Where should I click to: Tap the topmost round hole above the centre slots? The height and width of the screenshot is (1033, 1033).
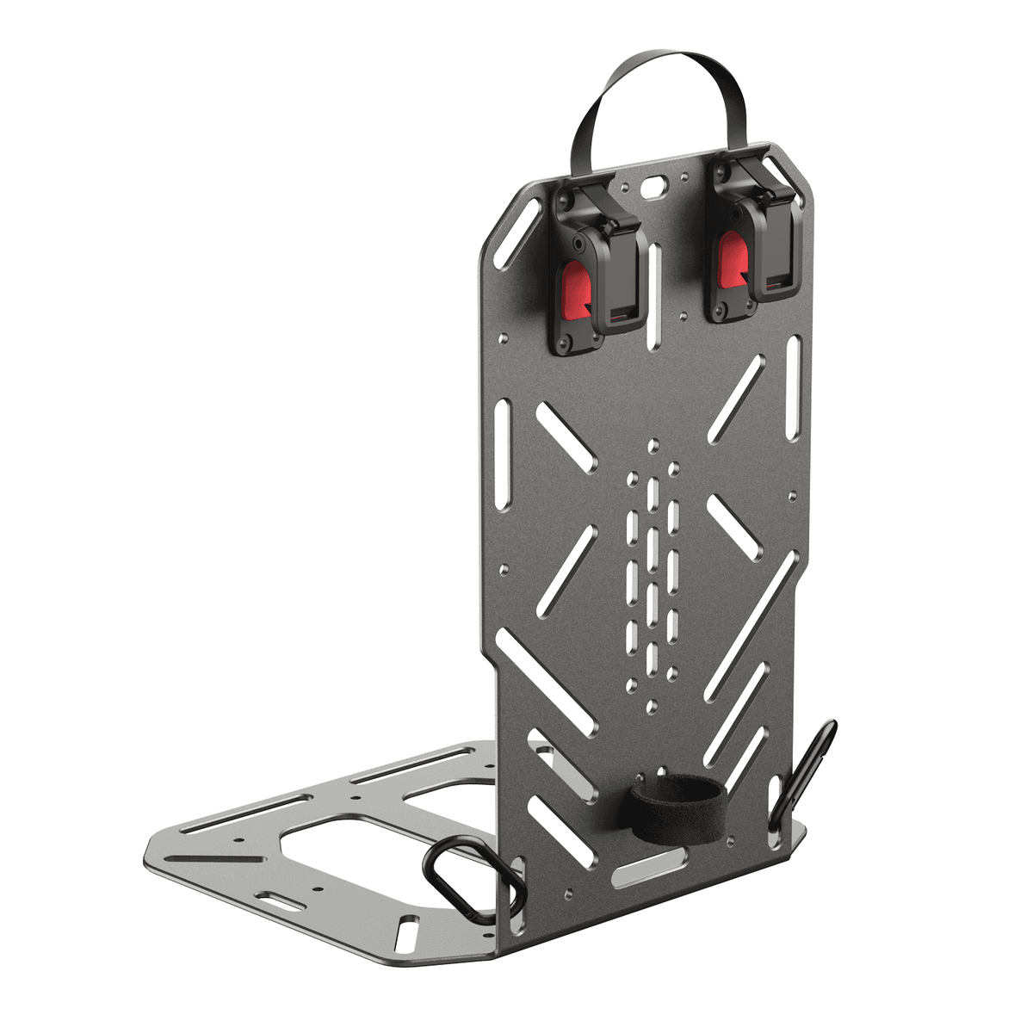point(653,446)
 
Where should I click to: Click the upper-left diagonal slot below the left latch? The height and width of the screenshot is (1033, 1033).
point(564,437)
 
